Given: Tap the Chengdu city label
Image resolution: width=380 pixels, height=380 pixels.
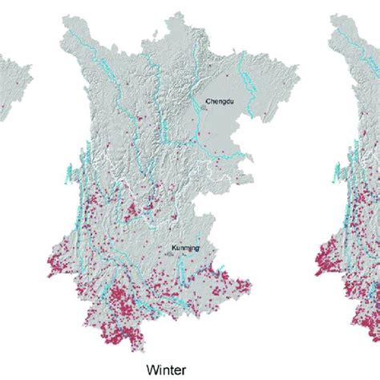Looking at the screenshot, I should [218, 102].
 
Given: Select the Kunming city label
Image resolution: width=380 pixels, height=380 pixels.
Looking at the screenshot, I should [185, 249].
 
